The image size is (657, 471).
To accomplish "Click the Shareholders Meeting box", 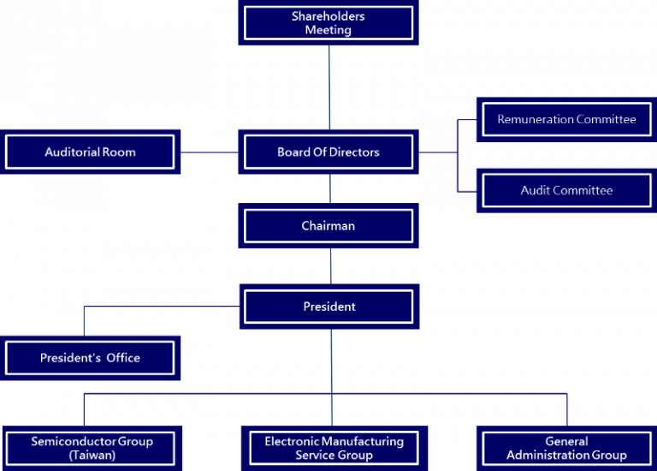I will click(328, 23).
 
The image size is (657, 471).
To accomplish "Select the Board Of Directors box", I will click(328, 152).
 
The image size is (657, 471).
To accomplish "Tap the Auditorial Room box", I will click(90, 152).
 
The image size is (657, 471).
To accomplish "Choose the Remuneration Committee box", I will click(566, 120).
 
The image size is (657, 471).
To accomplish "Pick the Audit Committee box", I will click(566, 190).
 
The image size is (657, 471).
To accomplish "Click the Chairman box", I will click(328, 226).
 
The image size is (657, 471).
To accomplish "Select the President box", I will click(328, 307).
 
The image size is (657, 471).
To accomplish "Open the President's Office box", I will click(90, 358).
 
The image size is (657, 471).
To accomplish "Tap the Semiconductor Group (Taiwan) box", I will click(92, 448).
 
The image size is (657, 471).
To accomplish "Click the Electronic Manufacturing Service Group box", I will click(334, 448).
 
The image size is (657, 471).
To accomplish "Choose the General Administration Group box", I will click(566, 448).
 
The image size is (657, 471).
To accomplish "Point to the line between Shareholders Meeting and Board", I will click(329, 86).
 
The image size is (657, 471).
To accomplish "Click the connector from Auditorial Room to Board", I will click(209, 152).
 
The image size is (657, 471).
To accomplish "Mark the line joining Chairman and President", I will click(329, 266).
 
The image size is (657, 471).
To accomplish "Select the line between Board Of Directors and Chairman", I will click(329, 188).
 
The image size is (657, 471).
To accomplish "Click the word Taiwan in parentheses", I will click(92, 456).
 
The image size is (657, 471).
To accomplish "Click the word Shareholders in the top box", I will click(328, 17).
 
